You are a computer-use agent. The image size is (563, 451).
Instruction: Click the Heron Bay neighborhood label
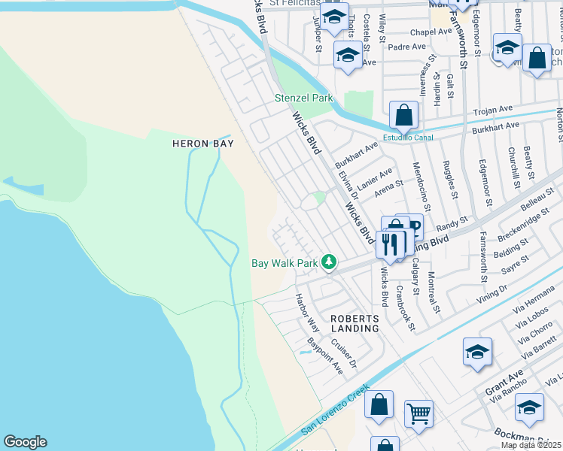point(203,144)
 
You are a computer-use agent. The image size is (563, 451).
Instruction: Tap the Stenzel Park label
point(303,98)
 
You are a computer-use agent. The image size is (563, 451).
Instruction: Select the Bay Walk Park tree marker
point(328,262)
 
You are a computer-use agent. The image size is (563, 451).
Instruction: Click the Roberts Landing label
point(355,323)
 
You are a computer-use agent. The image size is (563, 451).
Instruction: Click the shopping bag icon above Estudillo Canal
point(404,116)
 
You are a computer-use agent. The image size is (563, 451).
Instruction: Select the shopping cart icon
point(418,413)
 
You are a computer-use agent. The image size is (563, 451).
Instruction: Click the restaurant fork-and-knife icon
point(390,243)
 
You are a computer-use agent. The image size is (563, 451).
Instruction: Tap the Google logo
point(25,442)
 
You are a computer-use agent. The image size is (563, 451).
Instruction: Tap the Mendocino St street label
point(426,188)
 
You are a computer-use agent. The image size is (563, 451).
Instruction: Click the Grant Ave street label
point(504,384)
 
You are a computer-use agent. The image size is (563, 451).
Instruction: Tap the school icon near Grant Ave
point(477,353)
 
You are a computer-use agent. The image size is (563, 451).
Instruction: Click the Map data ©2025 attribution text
point(531,445)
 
